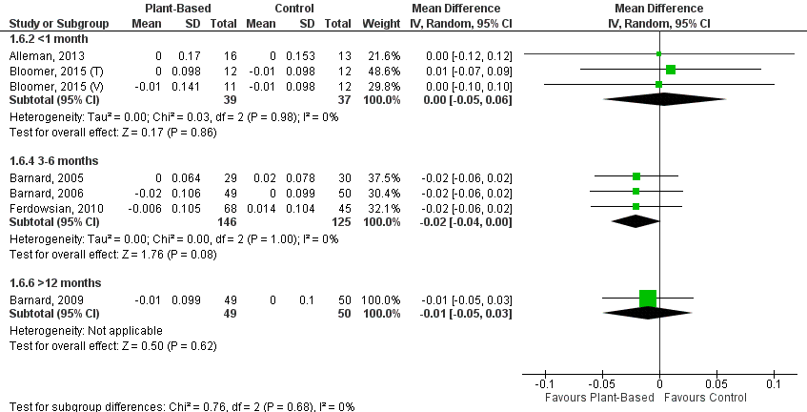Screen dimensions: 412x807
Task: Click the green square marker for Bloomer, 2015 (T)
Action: [x=671, y=70]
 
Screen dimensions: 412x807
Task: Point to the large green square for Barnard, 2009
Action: [x=648, y=299]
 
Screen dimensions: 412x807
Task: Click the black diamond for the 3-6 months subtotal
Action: [x=636, y=221]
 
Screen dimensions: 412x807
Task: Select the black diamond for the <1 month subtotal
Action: [x=659, y=99]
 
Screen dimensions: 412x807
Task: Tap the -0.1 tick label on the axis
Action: [x=544, y=383]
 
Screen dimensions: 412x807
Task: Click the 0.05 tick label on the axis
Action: [x=716, y=383]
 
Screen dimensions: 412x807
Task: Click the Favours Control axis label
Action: [x=706, y=397]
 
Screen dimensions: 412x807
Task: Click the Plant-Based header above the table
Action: [x=173, y=9]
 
